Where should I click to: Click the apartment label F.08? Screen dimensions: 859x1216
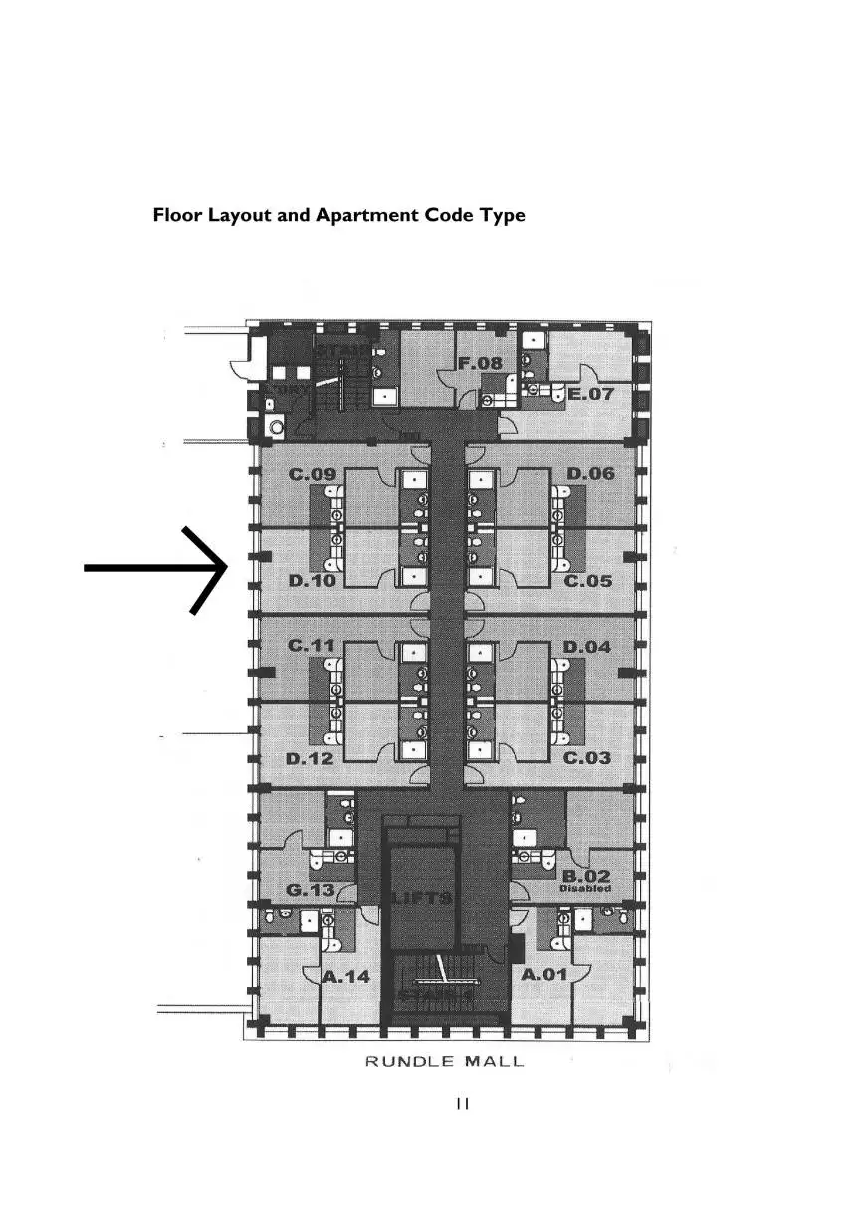(x=480, y=364)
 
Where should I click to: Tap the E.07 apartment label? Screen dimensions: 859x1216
(x=591, y=395)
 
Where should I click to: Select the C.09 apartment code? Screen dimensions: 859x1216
(x=312, y=475)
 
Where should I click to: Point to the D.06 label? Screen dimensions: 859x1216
(x=590, y=474)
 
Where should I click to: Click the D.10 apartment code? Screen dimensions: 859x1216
(x=311, y=580)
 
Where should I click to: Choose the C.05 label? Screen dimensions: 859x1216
(x=588, y=581)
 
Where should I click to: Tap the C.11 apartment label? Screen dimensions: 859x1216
(x=312, y=647)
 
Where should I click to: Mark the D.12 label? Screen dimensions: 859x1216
(x=310, y=759)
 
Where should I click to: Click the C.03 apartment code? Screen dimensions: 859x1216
(x=587, y=758)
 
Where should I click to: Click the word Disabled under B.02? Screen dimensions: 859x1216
(x=585, y=889)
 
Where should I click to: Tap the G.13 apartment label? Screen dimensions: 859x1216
(x=311, y=890)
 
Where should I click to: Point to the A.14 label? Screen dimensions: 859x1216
(x=346, y=977)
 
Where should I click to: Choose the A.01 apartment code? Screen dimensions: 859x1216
(x=544, y=975)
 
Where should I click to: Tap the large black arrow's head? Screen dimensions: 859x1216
(x=221, y=568)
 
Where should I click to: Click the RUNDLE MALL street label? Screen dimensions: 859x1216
(x=444, y=1062)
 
